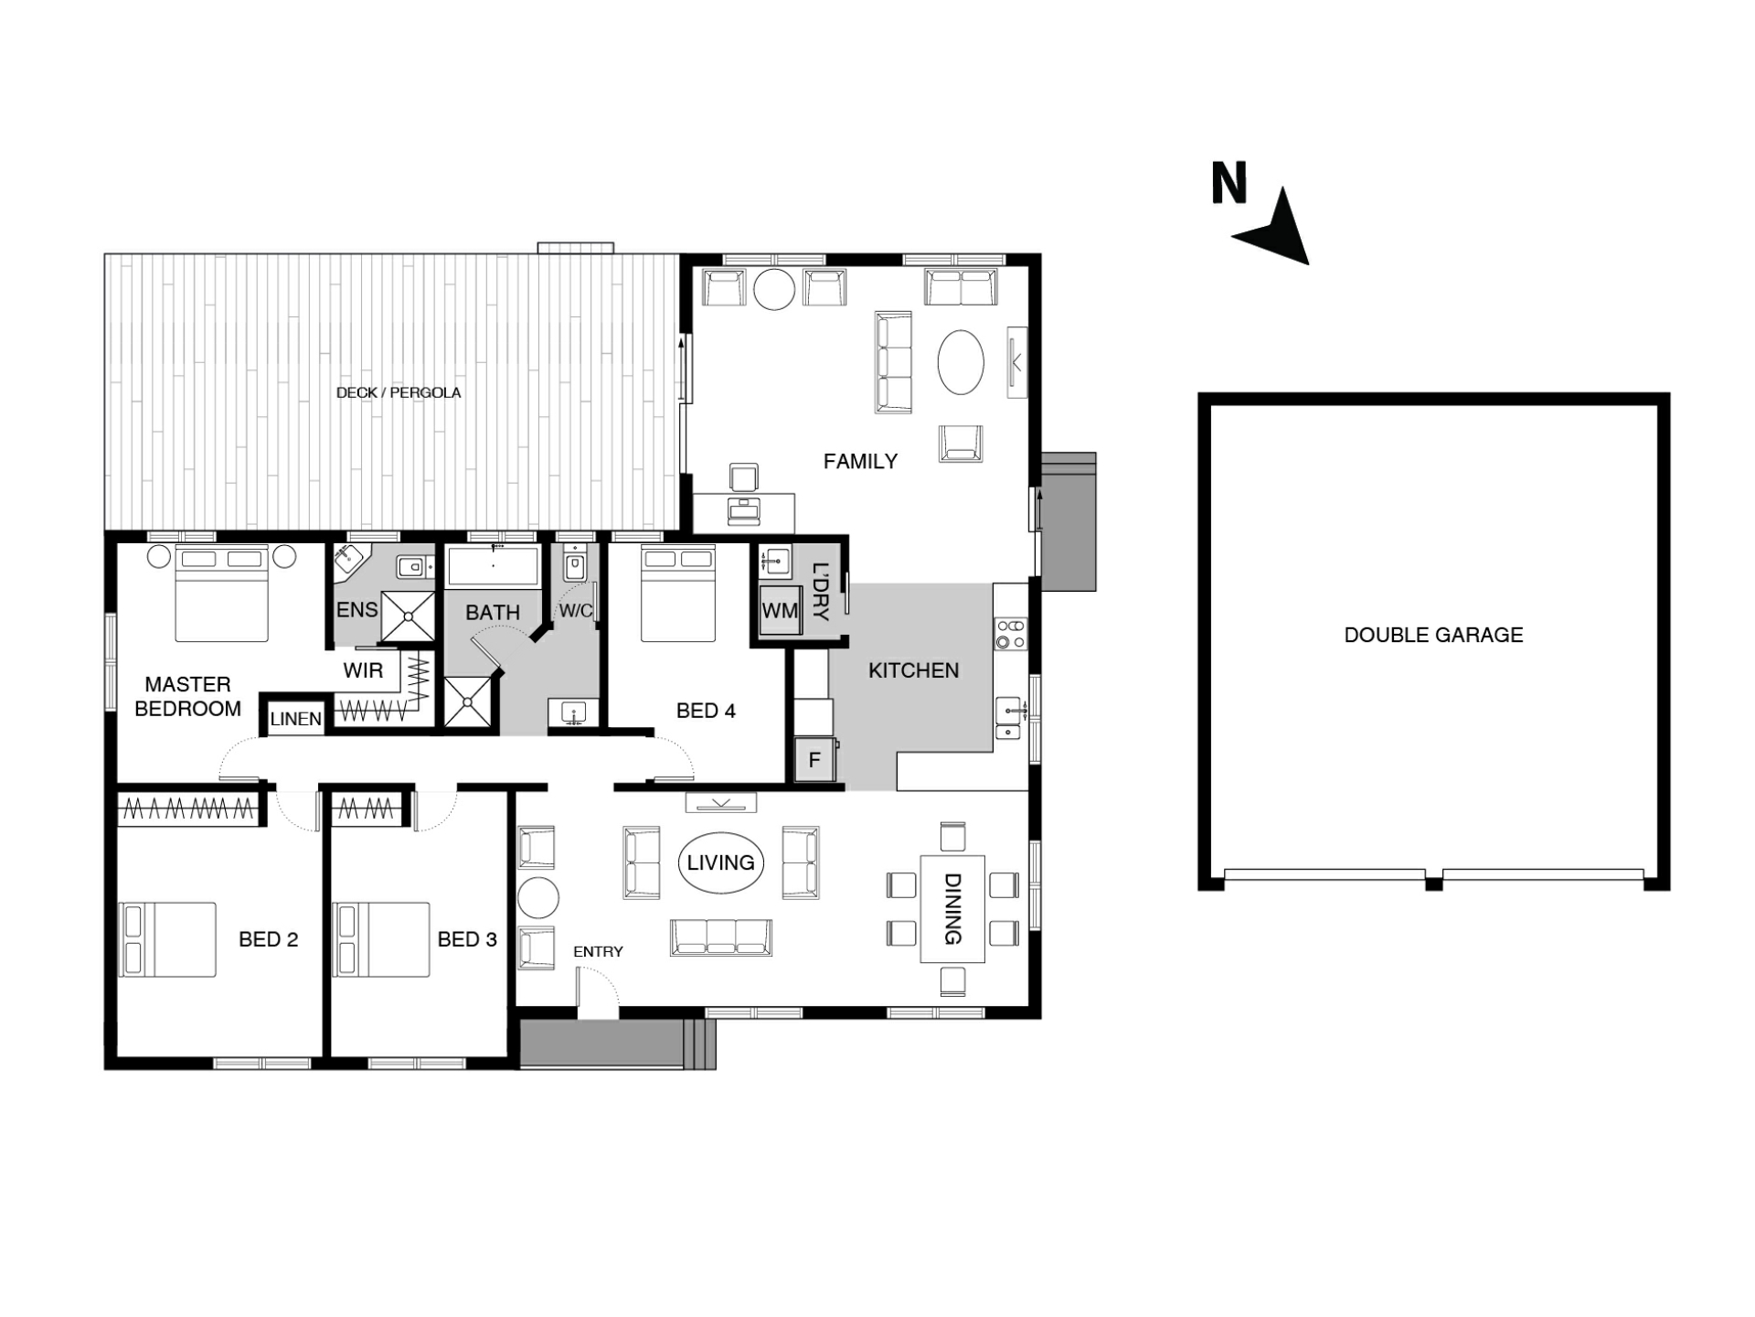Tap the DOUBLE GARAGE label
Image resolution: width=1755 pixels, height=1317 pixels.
(x=1433, y=635)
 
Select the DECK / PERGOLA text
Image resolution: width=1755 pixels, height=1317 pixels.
(x=399, y=392)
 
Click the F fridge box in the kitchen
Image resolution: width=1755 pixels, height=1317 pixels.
(x=814, y=759)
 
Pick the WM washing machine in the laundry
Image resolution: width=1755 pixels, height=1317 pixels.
(x=780, y=610)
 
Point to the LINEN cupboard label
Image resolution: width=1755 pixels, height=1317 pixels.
(x=296, y=719)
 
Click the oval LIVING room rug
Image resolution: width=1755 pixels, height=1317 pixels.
(x=721, y=862)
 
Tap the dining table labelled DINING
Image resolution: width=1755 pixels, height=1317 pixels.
(x=952, y=908)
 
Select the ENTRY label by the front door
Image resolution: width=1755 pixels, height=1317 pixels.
(x=598, y=951)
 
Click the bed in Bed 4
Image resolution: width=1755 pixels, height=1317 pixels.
(x=678, y=594)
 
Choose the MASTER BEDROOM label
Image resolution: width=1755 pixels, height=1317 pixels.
(x=187, y=696)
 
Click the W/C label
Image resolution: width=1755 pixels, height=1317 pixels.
(x=576, y=610)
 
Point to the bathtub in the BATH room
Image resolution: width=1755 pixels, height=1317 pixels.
(x=494, y=566)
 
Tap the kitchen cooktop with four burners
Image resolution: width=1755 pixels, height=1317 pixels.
(x=1011, y=634)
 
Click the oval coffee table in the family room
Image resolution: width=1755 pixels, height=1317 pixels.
(x=961, y=362)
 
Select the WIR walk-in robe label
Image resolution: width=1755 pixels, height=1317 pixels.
(x=363, y=670)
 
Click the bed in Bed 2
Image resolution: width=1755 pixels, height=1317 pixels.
(x=167, y=939)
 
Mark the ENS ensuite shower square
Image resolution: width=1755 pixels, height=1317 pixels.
(x=408, y=616)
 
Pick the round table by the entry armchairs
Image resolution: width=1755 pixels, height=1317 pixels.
(x=538, y=897)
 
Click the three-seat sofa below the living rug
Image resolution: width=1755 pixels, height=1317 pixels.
(x=721, y=937)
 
